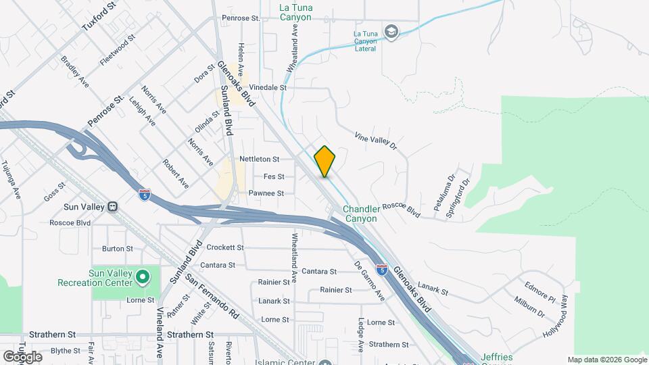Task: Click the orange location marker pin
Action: tap(325, 162)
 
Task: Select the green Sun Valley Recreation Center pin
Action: tap(142, 276)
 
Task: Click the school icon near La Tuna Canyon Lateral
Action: tap(391, 32)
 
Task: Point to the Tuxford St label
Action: tap(99, 14)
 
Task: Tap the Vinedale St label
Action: tap(268, 88)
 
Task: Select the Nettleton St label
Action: tap(259, 160)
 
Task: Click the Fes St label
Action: tap(273, 176)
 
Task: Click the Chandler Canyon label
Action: tap(362, 214)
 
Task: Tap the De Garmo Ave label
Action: tap(370, 281)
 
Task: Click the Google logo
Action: tap(22, 356)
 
